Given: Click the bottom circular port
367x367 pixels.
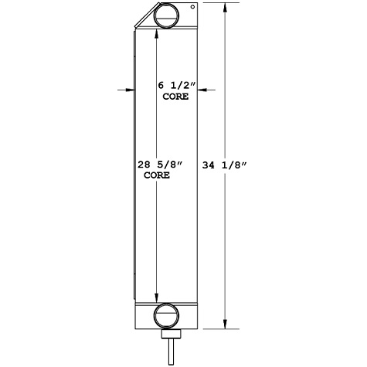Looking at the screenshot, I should point(166,316).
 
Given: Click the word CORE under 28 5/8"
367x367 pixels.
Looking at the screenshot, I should point(158,175).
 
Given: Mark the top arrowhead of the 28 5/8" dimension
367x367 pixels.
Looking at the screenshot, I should point(158,32).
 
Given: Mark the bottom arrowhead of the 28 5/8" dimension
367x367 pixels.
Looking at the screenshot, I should point(158,300).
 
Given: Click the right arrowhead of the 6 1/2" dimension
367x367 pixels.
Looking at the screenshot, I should point(200,90).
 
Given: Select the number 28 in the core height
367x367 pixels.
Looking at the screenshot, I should point(143,164).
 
